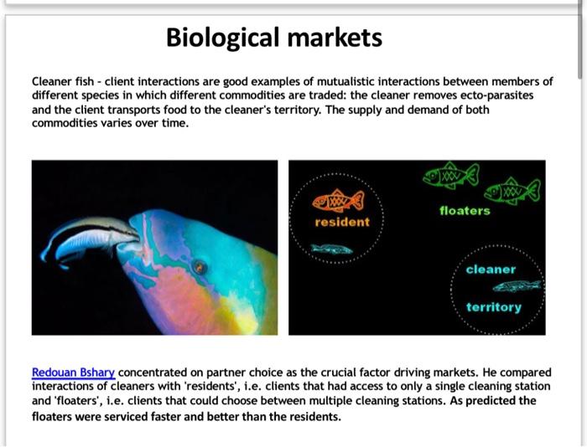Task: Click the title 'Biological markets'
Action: tap(273, 38)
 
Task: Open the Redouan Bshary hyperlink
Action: tap(73, 372)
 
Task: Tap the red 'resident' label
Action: tap(341, 222)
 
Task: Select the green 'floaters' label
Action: tap(465, 211)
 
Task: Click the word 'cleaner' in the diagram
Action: tap(491, 270)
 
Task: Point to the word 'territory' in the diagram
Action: tap(493, 307)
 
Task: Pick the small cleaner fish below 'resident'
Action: tap(331, 249)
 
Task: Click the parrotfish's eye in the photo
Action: tap(200, 267)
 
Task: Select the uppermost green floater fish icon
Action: tap(450, 175)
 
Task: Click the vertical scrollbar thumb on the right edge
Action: tap(580, 42)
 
